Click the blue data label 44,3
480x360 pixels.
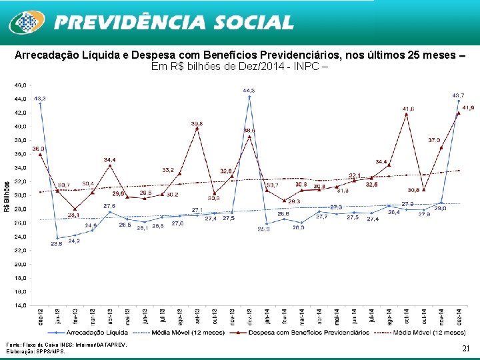pyautogui.click(x=248, y=90)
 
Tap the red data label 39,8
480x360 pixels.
pyautogui.click(x=197, y=124)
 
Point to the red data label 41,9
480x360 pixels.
pyautogui.click(x=468, y=107)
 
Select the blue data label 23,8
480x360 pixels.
pyautogui.click(x=57, y=244)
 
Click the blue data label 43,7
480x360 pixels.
pyautogui.click(x=459, y=95)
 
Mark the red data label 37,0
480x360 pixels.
pyautogui.click(x=434, y=140)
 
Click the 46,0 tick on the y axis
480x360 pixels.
pyautogui.click(x=21, y=85)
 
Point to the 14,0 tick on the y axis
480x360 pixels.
pyautogui.click(x=21, y=305)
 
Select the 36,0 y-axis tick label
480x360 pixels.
pyautogui.click(x=21, y=154)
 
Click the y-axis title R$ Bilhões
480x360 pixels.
pyautogui.click(x=7, y=196)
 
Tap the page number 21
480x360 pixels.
pyautogui.click(x=466, y=348)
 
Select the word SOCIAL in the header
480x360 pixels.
pyautogui.click(x=254, y=23)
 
